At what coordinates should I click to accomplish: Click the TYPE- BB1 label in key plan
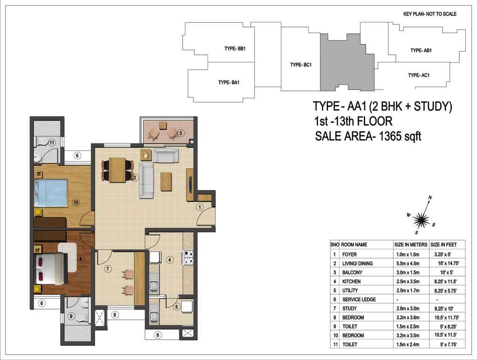tap(235, 48)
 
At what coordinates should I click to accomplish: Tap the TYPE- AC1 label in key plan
tap(419, 75)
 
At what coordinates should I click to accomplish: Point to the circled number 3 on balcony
tap(180, 133)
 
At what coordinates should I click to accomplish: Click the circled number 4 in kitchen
tap(170, 260)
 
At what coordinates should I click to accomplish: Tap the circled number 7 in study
tap(108, 269)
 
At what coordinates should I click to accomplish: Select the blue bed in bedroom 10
tap(50, 193)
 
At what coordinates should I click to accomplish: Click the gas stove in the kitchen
tap(188, 258)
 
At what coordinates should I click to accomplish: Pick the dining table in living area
tap(117, 170)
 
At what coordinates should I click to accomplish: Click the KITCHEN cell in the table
tap(351, 282)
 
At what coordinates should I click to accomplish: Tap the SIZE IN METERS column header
tap(411, 245)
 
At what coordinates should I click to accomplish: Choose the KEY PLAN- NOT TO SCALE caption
tap(430, 14)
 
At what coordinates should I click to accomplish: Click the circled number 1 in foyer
tap(199, 207)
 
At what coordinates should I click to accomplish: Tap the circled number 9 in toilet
tap(71, 317)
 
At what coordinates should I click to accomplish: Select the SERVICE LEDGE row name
tap(359, 299)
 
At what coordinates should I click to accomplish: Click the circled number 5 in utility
tap(177, 307)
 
